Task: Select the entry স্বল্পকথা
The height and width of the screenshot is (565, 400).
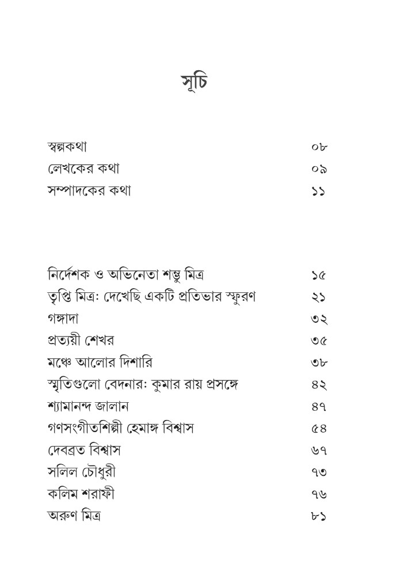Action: (x=68, y=147)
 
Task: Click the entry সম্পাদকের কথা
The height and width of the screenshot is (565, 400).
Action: (x=90, y=190)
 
